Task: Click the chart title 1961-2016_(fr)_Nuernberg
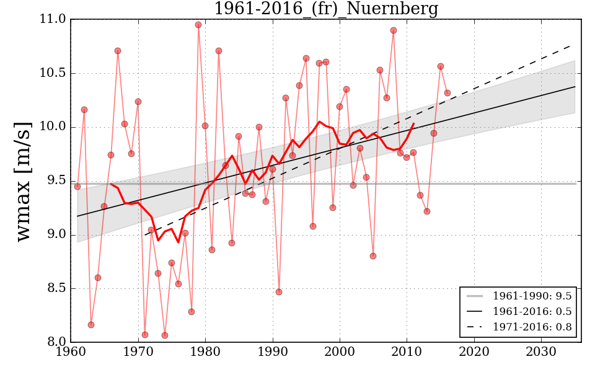click(326, 9)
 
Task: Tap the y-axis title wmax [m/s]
click(24, 180)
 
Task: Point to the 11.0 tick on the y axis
click(53, 19)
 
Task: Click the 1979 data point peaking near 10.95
click(198, 25)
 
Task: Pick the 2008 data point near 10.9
click(394, 30)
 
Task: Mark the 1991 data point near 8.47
click(279, 292)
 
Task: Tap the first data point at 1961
click(77, 187)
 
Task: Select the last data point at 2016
click(447, 93)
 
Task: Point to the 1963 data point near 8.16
click(91, 325)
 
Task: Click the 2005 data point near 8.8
click(373, 256)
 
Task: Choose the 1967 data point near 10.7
click(118, 51)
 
